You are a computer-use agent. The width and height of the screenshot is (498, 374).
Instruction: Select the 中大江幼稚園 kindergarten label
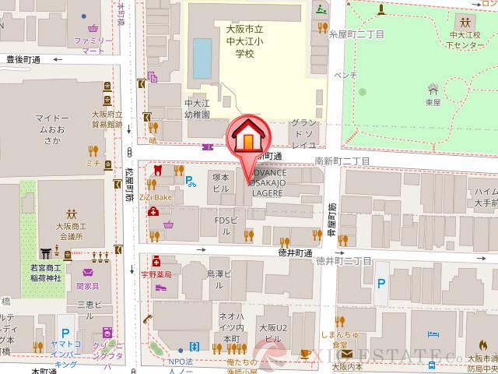(x=198, y=108)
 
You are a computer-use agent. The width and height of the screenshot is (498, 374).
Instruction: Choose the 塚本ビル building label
(x=220, y=182)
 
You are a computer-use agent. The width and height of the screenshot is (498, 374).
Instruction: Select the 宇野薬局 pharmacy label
(x=156, y=274)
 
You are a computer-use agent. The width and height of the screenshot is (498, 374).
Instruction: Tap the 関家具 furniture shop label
(x=87, y=285)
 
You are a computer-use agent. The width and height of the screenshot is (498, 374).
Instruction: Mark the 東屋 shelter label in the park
(x=433, y=101)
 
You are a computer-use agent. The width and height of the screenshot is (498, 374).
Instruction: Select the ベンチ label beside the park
(x=345, y=75)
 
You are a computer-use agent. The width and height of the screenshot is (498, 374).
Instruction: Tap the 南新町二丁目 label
(x=342, y=161)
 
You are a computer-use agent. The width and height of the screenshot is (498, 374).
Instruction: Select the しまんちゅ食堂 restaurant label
(x=338, y=339)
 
